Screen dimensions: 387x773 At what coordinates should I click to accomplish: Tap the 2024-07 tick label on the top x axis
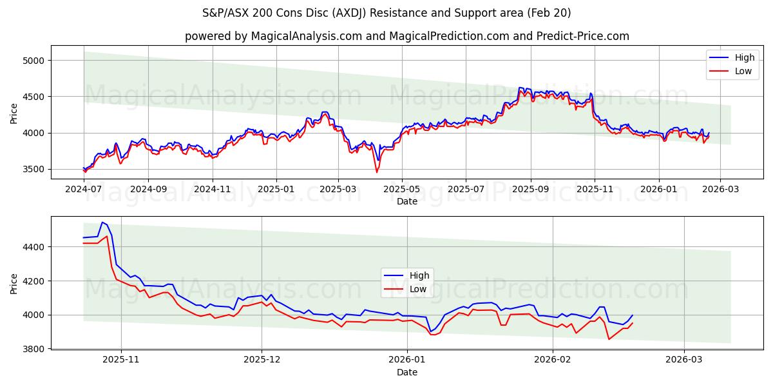tap(84, 190)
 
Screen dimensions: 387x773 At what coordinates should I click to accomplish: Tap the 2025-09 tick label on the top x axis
tap(531, 190)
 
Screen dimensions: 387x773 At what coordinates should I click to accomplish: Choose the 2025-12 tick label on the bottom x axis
tap(262, 359)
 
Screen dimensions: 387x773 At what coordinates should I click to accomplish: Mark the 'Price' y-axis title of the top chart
tap(14, 113)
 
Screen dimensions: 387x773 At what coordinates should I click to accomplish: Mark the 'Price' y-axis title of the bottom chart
tap(14, 283)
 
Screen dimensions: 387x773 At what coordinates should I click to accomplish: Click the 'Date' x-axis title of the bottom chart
tap(406, 372)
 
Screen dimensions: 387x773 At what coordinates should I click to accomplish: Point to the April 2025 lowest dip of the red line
tap(377, 172)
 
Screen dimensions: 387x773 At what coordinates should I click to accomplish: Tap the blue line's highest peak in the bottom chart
tap(102, 222)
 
